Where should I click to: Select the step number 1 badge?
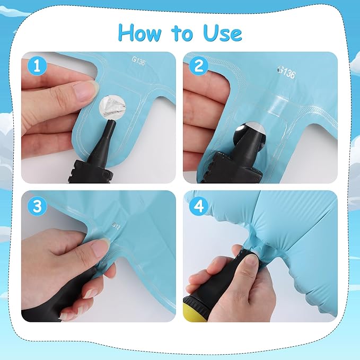[x=37, y=66]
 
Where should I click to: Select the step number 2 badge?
[x=199, y=66]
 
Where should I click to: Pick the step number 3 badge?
[x=37, y=206]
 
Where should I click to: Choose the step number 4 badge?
[x=199, y=206]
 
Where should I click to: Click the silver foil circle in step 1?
[x=112, y=107]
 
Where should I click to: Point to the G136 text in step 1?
[x=139, y=60]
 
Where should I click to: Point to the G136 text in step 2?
[x=286, y=72]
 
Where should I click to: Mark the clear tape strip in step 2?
[x=277, y=104]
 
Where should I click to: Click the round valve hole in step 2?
[x=251, y=132]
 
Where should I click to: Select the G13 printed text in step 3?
[x=117, y=226]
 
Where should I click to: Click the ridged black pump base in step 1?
[x=91, y=172]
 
